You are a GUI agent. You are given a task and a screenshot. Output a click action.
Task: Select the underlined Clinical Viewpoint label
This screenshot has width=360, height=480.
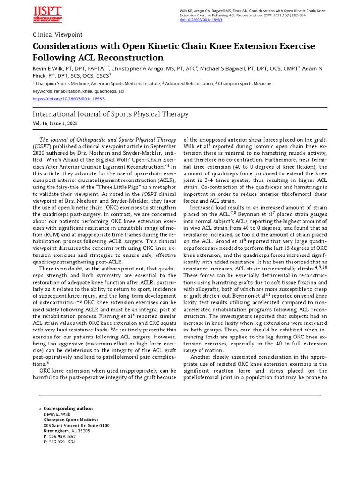[x=57, y=35]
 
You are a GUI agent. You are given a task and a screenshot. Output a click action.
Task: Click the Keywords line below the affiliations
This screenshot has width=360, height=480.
[x=78, y=91]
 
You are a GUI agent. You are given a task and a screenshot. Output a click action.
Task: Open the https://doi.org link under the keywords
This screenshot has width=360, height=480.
[x=68, y=99]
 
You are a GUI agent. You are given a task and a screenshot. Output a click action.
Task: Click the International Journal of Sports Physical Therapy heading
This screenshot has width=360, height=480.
[x=111, y=114]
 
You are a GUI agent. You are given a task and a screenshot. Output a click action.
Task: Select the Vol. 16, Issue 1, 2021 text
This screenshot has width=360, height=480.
[x=55, y=123]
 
